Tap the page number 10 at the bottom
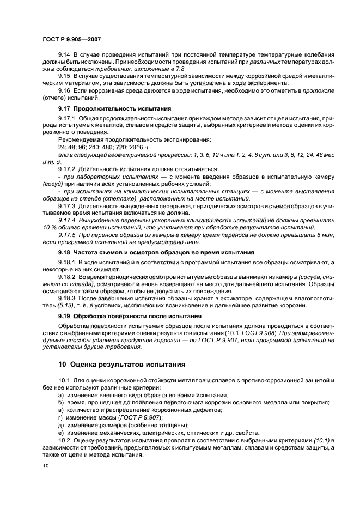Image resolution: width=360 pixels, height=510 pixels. coord(45,465)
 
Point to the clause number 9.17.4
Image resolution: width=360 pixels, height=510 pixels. coord(67,221)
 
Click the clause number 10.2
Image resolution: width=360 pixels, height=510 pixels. coord(64,440)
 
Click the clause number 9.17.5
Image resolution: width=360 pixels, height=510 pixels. coord(67,235)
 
